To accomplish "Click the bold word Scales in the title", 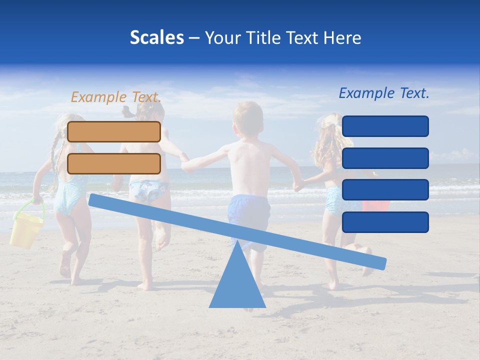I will [156, 37].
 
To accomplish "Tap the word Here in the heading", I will [342, 37].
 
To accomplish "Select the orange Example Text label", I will [115, 97].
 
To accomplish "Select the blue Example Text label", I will [384, 93].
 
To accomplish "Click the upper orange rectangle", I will [114, 131].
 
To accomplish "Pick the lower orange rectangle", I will [114, 163].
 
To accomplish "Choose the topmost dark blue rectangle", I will [385, 126].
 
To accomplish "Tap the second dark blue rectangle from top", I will [385, 158].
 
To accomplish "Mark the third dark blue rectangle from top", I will [385, 190].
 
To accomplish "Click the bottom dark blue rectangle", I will [385, 222].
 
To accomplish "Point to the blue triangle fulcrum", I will [237, 285].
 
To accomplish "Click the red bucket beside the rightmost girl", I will [376, 205].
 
